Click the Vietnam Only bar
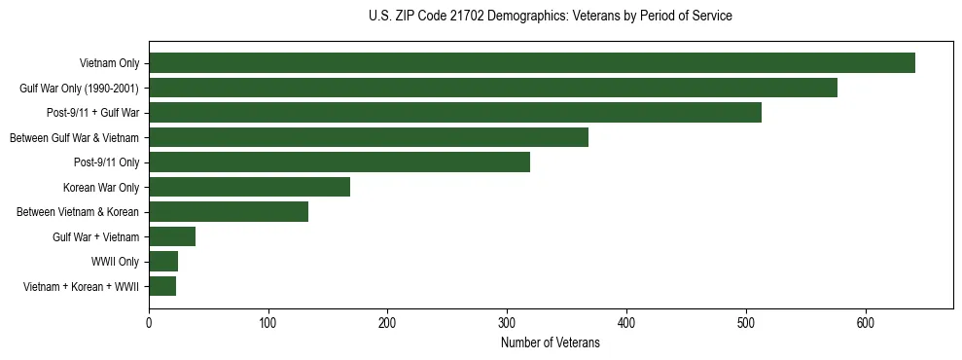(532, 63)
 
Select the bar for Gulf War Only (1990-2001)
(493, 88)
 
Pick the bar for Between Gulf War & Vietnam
(369, 137)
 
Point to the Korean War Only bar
(249, 187)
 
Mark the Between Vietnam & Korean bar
(229, 212)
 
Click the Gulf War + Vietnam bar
(172, 236)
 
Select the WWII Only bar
(163, 262)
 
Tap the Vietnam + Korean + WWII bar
(162, 286)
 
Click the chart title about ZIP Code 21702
(551, 17)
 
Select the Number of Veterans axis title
(551, 343)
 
